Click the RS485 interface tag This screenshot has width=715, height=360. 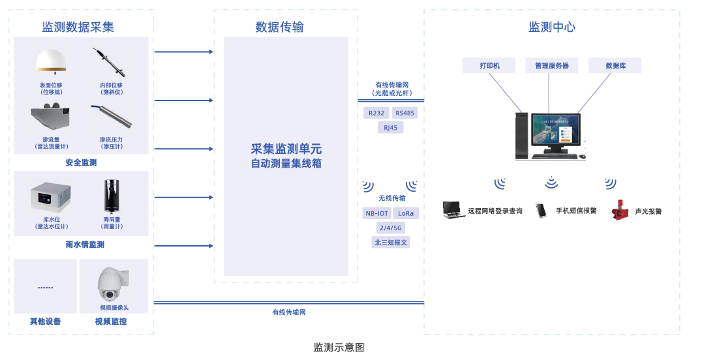coord(404,113)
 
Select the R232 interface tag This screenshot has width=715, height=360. coord(376,113)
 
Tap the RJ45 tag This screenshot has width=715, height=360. coord(390,127)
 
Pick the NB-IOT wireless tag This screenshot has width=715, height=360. coord(376,213)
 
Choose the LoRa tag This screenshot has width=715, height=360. coord(406,213)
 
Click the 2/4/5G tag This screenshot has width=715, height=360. coord(391,228)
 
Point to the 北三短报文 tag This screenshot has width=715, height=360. coord(391,242)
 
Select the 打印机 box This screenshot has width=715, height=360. coord(489,65)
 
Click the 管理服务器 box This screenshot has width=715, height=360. coord(552,65)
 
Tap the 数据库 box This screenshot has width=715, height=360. coord(615,65)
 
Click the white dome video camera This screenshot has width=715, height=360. coord(114,284)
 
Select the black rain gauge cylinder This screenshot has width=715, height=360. coord(112,196)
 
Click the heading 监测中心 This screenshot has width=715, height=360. coord(552,27)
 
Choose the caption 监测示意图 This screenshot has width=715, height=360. coord(339,347)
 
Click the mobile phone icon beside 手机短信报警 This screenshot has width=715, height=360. coord(541,210)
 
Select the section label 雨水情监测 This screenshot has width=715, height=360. coord(85,245)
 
